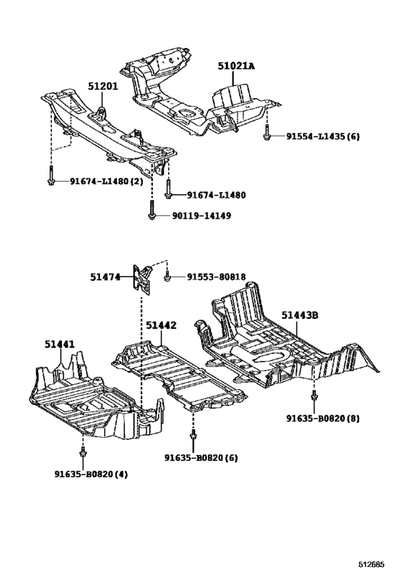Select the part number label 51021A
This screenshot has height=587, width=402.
(236, 66)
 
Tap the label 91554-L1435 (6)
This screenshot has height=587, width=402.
(322, 135)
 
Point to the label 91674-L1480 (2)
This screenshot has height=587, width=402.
(106, 182)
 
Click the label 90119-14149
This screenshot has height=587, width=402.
(201, 215)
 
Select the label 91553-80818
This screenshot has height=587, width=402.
(216, 277)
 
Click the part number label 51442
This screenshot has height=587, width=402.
(161, 325)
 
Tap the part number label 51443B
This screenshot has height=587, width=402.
(299, 315)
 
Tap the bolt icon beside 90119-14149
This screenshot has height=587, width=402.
(152, 212)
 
